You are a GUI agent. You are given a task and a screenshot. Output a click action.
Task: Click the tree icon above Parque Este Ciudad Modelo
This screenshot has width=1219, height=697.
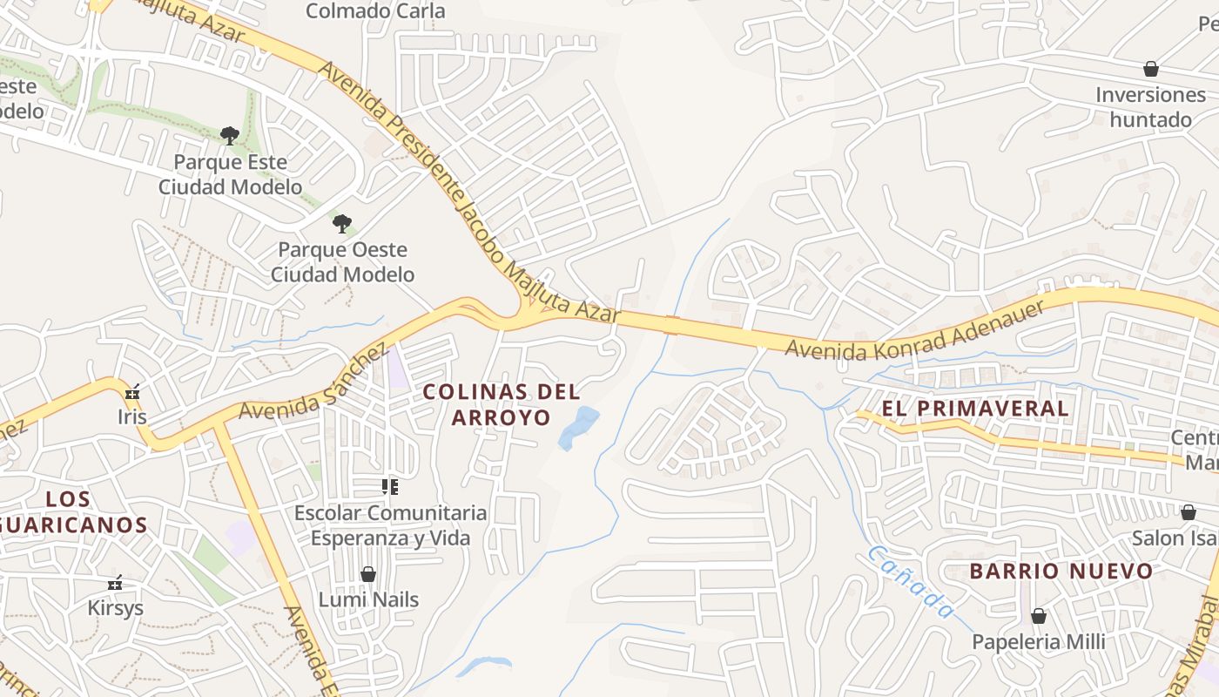coord(230,135)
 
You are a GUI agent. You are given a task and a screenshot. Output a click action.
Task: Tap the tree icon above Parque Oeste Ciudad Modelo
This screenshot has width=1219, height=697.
coord(342,223)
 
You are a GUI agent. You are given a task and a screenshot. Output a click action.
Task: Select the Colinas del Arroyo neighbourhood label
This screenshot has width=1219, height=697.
coord(502,404)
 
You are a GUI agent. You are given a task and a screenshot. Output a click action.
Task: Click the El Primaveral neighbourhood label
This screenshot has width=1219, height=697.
coord(975,408)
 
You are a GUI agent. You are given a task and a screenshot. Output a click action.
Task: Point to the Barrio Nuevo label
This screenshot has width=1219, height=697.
coord(1061,572)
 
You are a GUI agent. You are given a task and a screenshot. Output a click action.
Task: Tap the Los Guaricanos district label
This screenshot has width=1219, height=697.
coord(78,512)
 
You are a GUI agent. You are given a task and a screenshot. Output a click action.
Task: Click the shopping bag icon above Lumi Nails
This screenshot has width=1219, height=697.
coord(368,574)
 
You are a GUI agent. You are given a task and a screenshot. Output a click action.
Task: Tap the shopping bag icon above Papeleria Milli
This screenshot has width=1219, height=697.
coord(1038,616)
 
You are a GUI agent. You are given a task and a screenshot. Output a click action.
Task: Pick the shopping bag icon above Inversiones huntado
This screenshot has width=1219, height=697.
coord(1151,68)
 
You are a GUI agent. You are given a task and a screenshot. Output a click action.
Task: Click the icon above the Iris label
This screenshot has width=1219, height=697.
coord(132,393)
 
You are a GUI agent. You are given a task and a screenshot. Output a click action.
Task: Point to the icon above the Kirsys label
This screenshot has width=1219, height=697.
coord(115,583)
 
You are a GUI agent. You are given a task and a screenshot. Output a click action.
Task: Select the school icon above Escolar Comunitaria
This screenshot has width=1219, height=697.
coord(390,486)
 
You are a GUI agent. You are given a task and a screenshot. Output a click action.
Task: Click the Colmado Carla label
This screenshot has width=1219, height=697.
coord(375,11)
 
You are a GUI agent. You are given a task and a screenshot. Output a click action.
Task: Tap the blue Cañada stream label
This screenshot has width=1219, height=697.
coord(911,582)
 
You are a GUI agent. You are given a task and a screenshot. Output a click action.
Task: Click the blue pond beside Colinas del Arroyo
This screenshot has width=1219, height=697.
coord(578,427)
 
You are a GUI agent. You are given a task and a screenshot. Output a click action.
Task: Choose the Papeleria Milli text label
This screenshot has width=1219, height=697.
coord(1039,642)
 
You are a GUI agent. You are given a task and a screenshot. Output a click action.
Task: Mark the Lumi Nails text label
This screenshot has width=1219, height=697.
coord(368,599)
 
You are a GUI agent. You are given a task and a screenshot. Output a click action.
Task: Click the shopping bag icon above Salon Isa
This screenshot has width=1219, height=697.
coord(1188,512)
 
